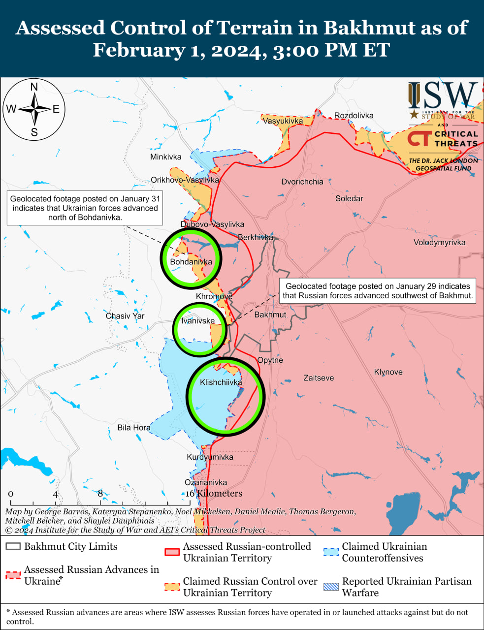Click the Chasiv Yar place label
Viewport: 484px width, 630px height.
125,316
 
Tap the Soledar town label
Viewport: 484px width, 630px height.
349,199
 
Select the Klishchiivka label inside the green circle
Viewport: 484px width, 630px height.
221,382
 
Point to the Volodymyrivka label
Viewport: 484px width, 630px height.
439,242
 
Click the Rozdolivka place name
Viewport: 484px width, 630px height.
354,116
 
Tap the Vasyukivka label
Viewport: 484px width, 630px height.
283,121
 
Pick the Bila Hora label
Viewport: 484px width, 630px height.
133,428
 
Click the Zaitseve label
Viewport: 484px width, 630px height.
319,378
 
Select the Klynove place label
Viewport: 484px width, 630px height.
388,372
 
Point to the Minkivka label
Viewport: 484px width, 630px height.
165,157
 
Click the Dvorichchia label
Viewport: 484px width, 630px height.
302,182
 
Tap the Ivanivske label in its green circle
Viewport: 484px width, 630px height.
198,321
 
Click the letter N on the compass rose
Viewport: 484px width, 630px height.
34,87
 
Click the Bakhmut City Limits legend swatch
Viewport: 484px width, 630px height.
13,546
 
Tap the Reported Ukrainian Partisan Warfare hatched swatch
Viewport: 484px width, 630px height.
331,587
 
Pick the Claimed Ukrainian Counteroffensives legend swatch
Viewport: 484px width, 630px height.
331,552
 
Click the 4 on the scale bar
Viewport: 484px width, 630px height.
56,494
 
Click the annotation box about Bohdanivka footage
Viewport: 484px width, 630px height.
85,208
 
